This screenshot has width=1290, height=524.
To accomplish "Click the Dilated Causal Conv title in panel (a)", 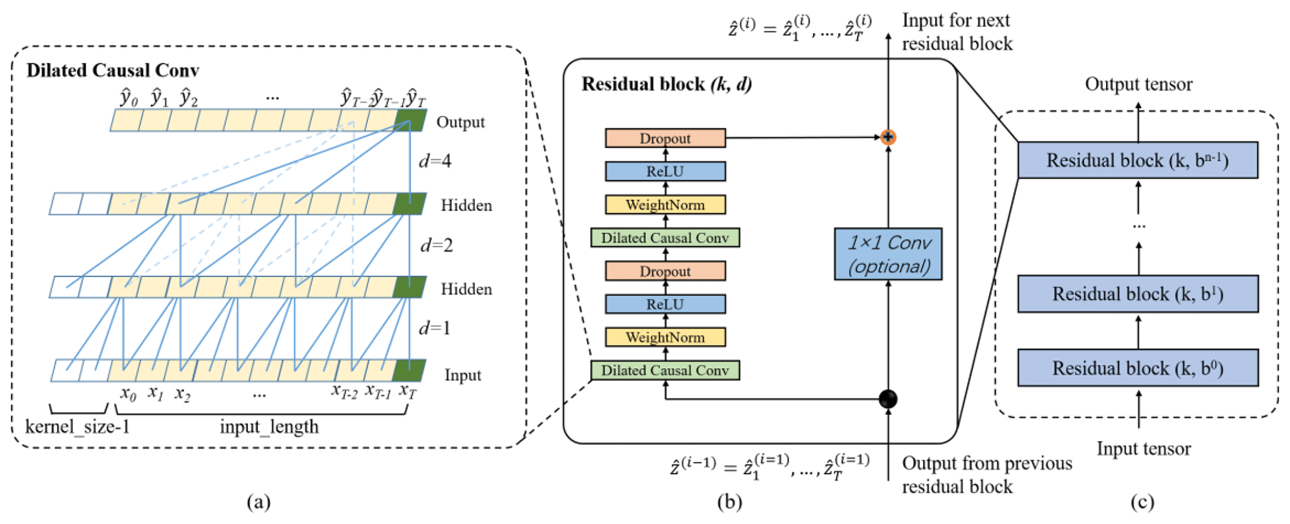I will click(x=113, y=70).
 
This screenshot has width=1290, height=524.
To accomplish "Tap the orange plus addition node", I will click(x=888, y=137).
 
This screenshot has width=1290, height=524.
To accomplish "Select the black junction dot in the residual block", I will click(x=888, y=399).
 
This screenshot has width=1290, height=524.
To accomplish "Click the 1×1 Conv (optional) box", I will click(x=888, y=254).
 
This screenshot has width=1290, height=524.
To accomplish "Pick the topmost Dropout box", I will click(x=665, y=138).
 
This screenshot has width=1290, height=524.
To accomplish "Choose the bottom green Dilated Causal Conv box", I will click(x=665, y=371).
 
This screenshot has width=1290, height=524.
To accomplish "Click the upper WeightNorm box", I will click(x=665, y=205).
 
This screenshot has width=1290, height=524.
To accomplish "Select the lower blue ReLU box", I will click(x=665, y=304).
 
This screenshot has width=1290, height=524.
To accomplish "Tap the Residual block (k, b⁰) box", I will click(x=1138, y=368).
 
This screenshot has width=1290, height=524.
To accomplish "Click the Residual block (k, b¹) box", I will click(x=1138, y=294).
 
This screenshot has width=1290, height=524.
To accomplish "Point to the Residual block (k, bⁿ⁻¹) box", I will click(x=1138, y=160).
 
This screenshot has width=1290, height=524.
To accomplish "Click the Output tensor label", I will click(x=1138, y=84).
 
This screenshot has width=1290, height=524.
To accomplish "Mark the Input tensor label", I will click(x=1143, y=449).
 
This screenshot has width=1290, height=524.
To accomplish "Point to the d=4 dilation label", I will click(x=435, y=162).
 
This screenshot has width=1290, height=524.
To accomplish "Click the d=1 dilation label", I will click(x=435, y=328).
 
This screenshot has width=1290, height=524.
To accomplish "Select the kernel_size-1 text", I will click(x=77, y=427).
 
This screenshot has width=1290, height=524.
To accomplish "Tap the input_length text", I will click(x=269, y=427).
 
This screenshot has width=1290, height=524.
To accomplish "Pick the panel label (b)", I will click(x=730, y=502).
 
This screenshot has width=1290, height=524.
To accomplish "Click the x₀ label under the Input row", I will click(x=128, y=394).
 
